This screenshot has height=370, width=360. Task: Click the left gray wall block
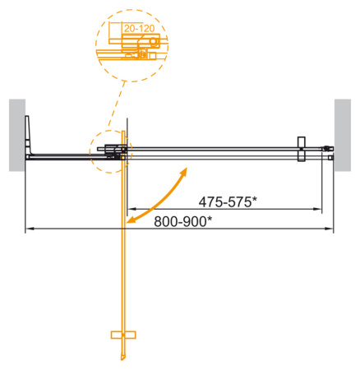coord(16,135)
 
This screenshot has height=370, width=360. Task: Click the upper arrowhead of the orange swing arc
coord(185,170)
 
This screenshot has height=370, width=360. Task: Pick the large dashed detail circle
coord(133,45)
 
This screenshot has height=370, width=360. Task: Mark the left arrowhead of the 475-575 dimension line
coord(129,210)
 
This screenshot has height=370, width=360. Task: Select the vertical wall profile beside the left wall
coord(29,136)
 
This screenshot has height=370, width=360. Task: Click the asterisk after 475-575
coord(256,198)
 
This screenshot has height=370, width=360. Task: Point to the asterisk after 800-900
coord(209,218)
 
